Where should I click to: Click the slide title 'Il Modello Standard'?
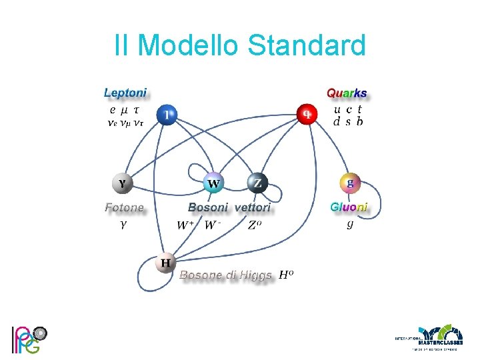coord(240,46)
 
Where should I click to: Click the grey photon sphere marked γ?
coord(123,182)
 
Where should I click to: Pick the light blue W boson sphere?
coord(213,183)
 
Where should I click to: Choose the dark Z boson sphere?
coord(257,183)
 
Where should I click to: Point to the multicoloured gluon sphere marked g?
coord(350,182)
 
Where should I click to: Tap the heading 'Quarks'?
coord(346,93)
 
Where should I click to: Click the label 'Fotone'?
coord(124,208)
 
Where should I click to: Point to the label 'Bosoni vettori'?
coord(229,208)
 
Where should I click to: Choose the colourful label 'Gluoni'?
coord(349,207)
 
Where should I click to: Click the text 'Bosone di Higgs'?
coord(225,275)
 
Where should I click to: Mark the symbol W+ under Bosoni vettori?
coord(185,225)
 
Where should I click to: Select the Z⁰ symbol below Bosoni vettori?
coord(254,225)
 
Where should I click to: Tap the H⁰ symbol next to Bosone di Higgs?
coord(286,274)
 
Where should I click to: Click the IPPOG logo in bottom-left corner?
coord(28,339)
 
